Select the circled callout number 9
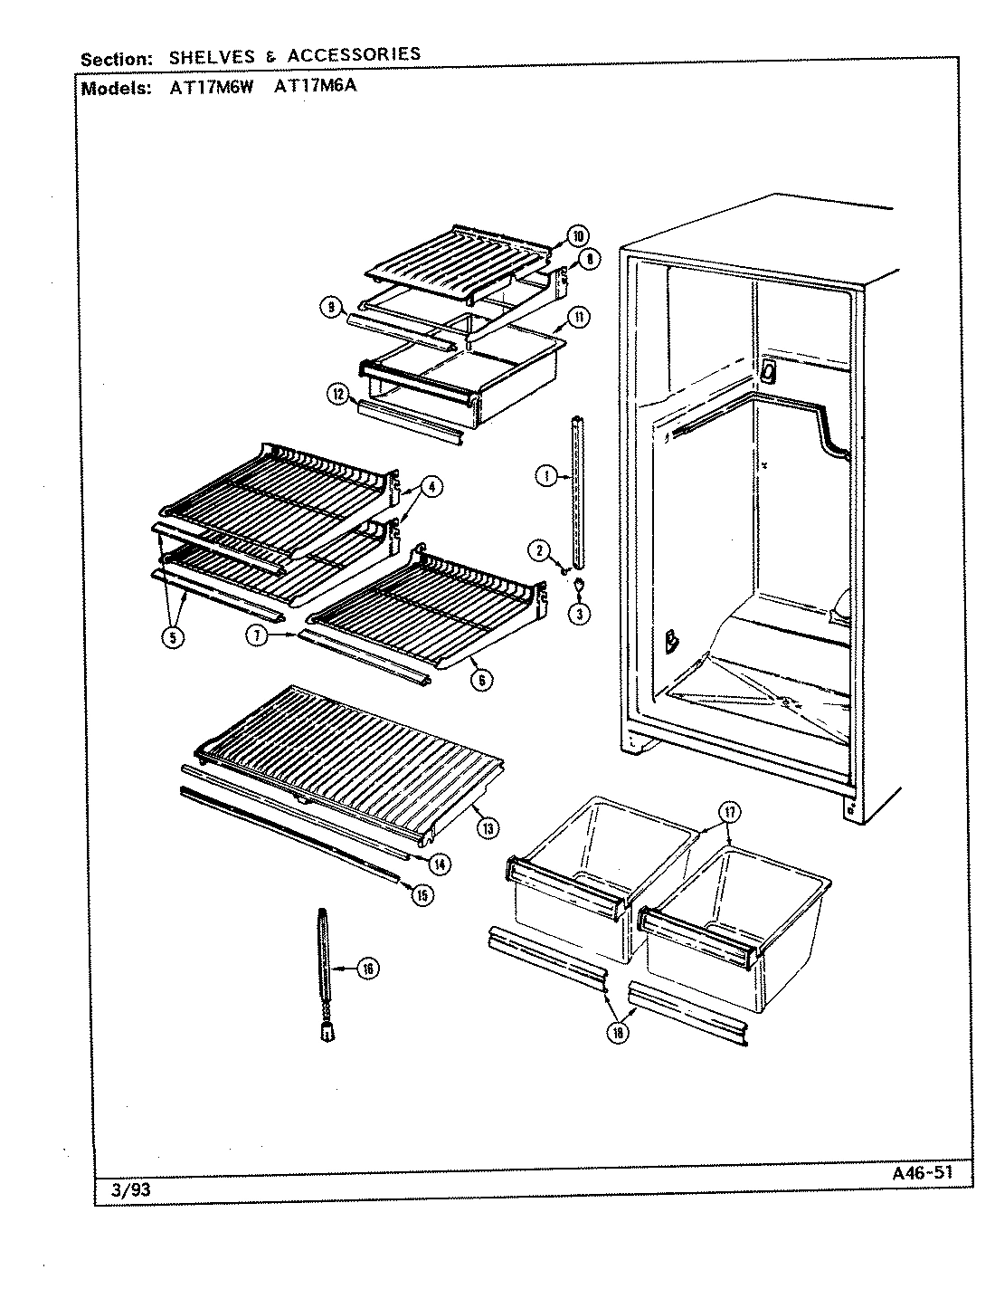tap(333, 308)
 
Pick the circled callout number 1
tap(545, 475)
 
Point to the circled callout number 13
tap(488, 826)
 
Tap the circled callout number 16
tap(367, 969)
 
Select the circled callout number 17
tap(730, 812)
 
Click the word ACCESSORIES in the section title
tap(354, 54)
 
